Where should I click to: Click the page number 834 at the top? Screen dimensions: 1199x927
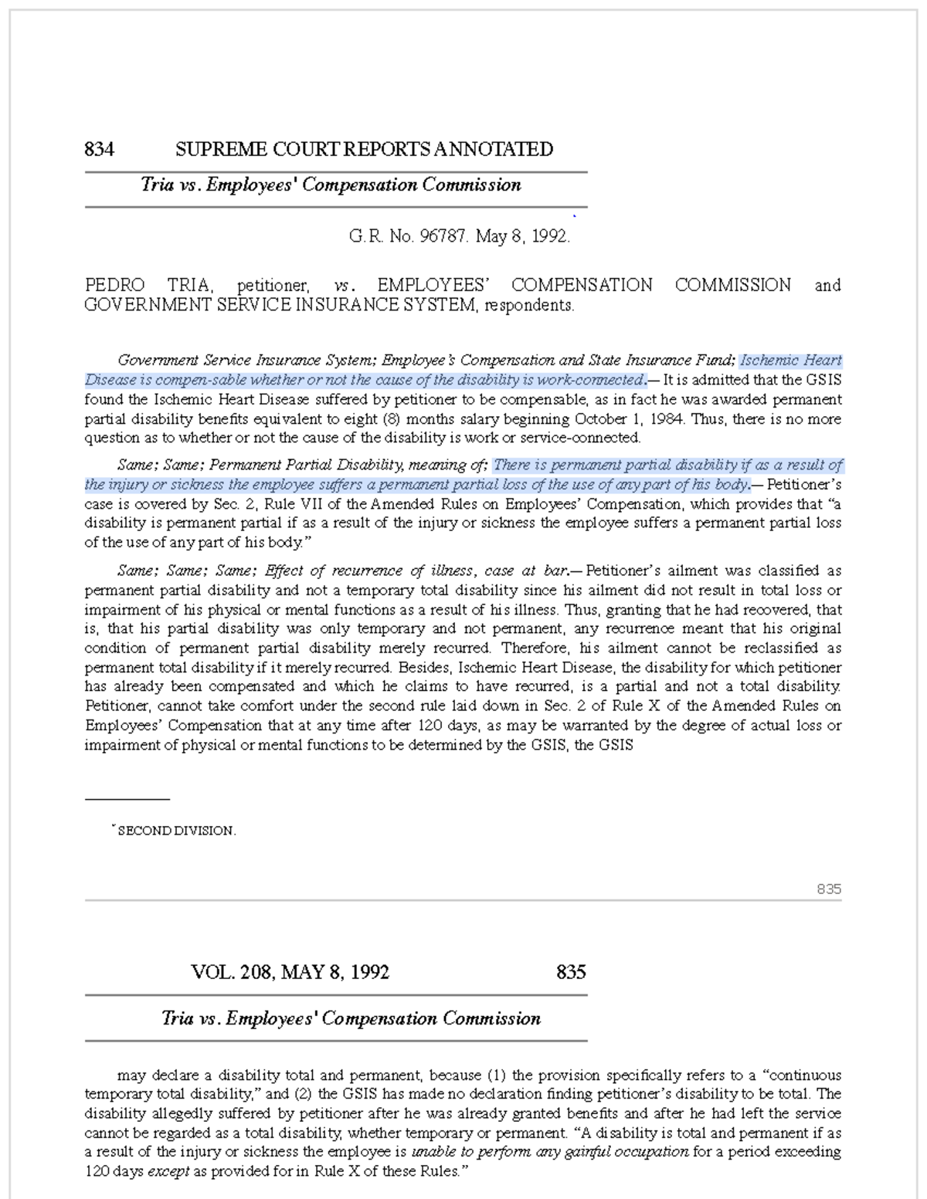[x=100, y=149]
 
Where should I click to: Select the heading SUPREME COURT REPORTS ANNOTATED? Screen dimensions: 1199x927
[x=364, y=149]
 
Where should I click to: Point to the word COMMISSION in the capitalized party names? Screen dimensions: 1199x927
[x=732, y=286]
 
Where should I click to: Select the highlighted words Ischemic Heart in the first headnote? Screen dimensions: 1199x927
[x=790, y=361]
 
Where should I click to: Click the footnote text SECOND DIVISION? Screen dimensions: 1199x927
[x=176, y=832]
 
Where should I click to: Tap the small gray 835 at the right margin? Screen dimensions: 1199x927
[x=829, y=889]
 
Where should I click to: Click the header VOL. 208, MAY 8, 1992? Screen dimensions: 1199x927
[x=290, y=972]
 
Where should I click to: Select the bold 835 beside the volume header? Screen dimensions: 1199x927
[x=571, y=972]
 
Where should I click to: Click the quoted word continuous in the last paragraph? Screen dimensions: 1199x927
[x=806, y=1075]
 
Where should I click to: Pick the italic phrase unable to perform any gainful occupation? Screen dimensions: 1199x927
[x=550, y=1152]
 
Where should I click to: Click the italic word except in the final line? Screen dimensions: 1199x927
[x=168, y=1171]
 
